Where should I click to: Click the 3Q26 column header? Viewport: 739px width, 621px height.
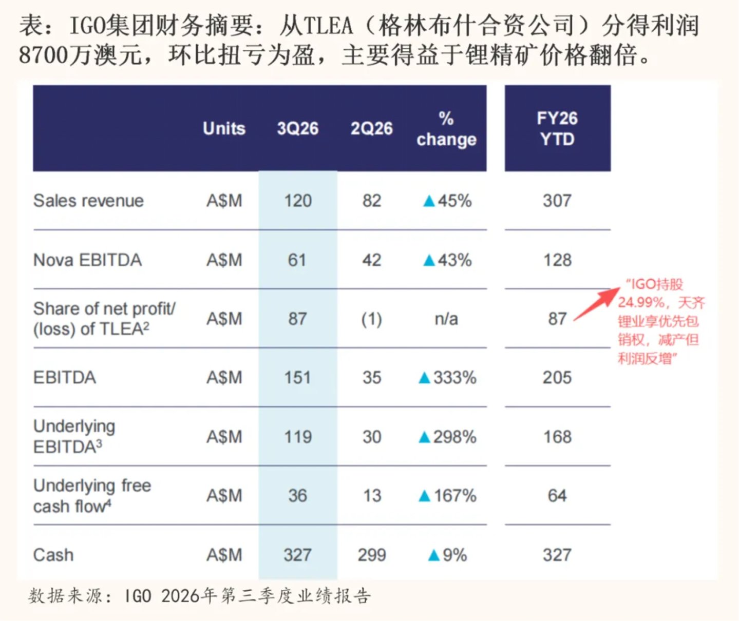click(298, 128)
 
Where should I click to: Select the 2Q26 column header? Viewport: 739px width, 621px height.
click(372, 128)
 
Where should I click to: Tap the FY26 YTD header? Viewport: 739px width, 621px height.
click(557, 128)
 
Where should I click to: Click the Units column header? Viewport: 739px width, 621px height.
click(224, 128)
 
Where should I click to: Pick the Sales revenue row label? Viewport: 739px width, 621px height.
click(88, 201)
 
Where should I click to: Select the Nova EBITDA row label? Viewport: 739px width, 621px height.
click(87, 260)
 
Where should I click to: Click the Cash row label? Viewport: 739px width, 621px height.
click(53, 555)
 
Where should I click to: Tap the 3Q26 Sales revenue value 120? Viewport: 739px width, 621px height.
click(298, 201)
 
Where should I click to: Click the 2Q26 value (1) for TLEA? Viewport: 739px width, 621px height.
click(372, 319)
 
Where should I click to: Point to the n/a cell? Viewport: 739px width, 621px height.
click(446, 319)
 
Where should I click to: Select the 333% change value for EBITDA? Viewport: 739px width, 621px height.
click(455, 378)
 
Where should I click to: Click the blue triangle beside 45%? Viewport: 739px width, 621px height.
click(429, 201)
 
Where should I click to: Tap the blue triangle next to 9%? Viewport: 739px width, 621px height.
click(434, 555)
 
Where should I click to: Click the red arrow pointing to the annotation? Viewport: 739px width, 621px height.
click(596, 304)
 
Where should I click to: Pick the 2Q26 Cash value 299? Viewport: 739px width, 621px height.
click(372, 555)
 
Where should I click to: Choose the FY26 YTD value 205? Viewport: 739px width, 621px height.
click(557, 378)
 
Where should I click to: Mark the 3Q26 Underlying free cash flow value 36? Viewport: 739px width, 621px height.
click(298, 495)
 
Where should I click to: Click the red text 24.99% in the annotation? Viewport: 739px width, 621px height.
click(641, 303)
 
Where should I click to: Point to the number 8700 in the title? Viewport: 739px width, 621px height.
click(43, 55)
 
